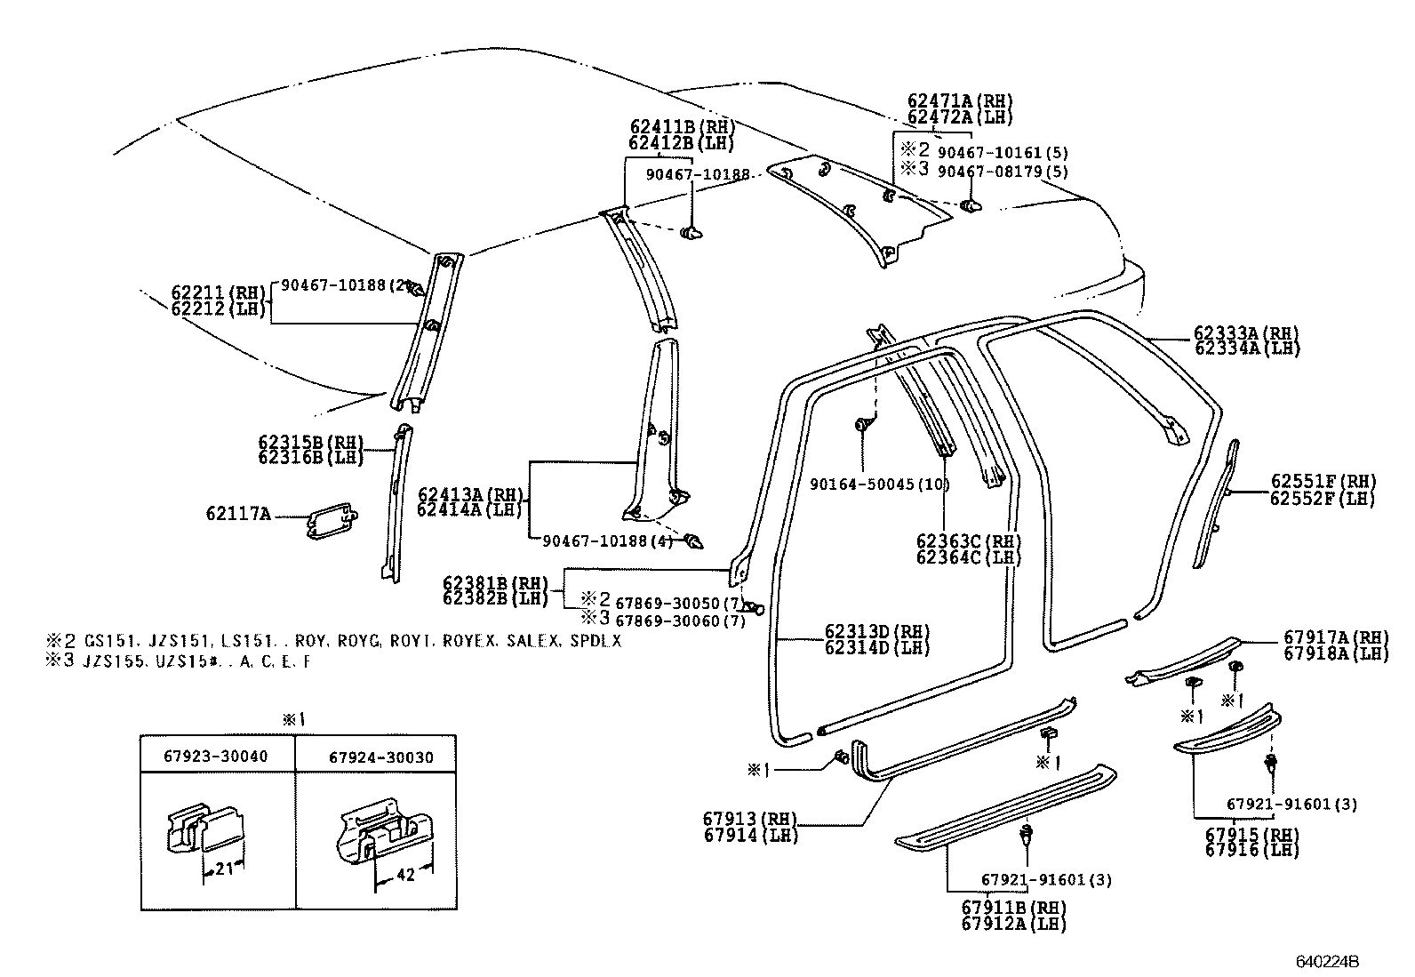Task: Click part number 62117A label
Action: click(237, 513)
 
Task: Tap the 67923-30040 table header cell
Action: click(216, 757)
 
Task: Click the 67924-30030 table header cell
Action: click(380, 757)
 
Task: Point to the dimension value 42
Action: click(405, 875)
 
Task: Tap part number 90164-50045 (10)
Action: click(879, 484)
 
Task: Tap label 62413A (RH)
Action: click(471, 494)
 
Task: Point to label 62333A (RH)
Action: click(1247, 333)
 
